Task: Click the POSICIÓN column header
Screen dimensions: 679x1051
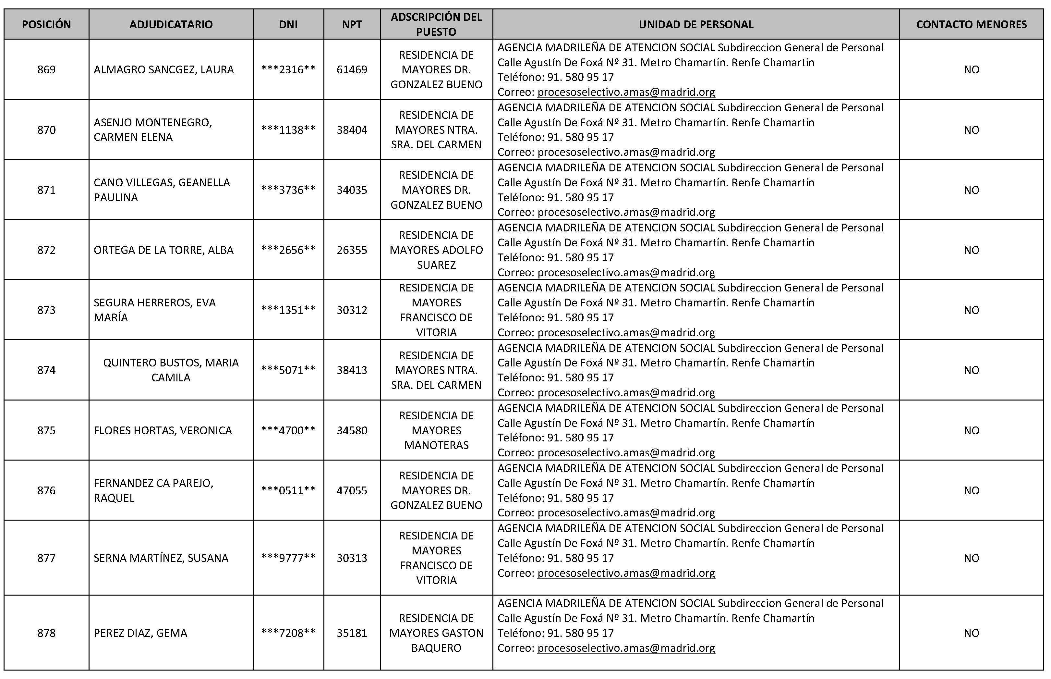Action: click(46, 24)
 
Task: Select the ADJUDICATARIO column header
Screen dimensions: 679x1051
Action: click(171, 24)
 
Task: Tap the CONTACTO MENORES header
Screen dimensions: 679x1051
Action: click(971, 24)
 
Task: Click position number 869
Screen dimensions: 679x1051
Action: click(46, 70)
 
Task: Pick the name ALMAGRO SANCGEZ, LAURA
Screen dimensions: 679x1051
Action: click(163, 70)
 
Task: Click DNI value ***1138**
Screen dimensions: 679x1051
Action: click(288, 130)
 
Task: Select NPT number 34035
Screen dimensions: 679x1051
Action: click(352, 190)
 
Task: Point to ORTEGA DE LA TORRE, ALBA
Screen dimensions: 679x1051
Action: click(163, 250)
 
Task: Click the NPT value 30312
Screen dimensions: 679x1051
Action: click(352, 310)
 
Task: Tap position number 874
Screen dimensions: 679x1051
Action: click(46, 370)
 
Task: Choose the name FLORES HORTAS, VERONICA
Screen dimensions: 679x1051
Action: click(163, 430)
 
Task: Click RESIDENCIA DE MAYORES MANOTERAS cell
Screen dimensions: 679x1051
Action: click(436, 430)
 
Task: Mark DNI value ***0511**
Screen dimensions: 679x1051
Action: click(288, 490)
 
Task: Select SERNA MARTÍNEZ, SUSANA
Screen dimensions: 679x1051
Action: click(161, 558)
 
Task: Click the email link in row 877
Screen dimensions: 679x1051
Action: click(626, 573)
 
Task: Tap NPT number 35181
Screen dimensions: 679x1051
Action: click(352, 633)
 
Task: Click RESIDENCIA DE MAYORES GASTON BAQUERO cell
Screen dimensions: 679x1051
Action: click(436, 633)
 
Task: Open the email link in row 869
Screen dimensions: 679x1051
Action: click(626, 92)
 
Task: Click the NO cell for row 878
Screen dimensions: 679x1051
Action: click(971, 633)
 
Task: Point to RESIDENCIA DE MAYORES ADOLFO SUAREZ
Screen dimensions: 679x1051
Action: click(436, 250)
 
